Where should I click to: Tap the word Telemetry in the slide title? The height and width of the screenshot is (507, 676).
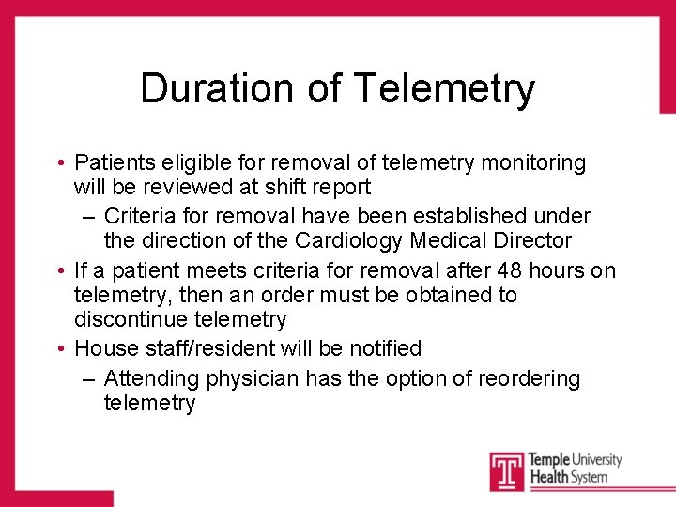pyautogui.click(x=444, y=89)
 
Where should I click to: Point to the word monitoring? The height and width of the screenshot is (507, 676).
pyautogui.click(x=533, y=163)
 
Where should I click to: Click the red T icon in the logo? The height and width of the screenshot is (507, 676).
pyautogui.click(x=507, y=470)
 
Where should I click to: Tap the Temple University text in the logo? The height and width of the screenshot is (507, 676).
pyautogui.click(x=575, y=460)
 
